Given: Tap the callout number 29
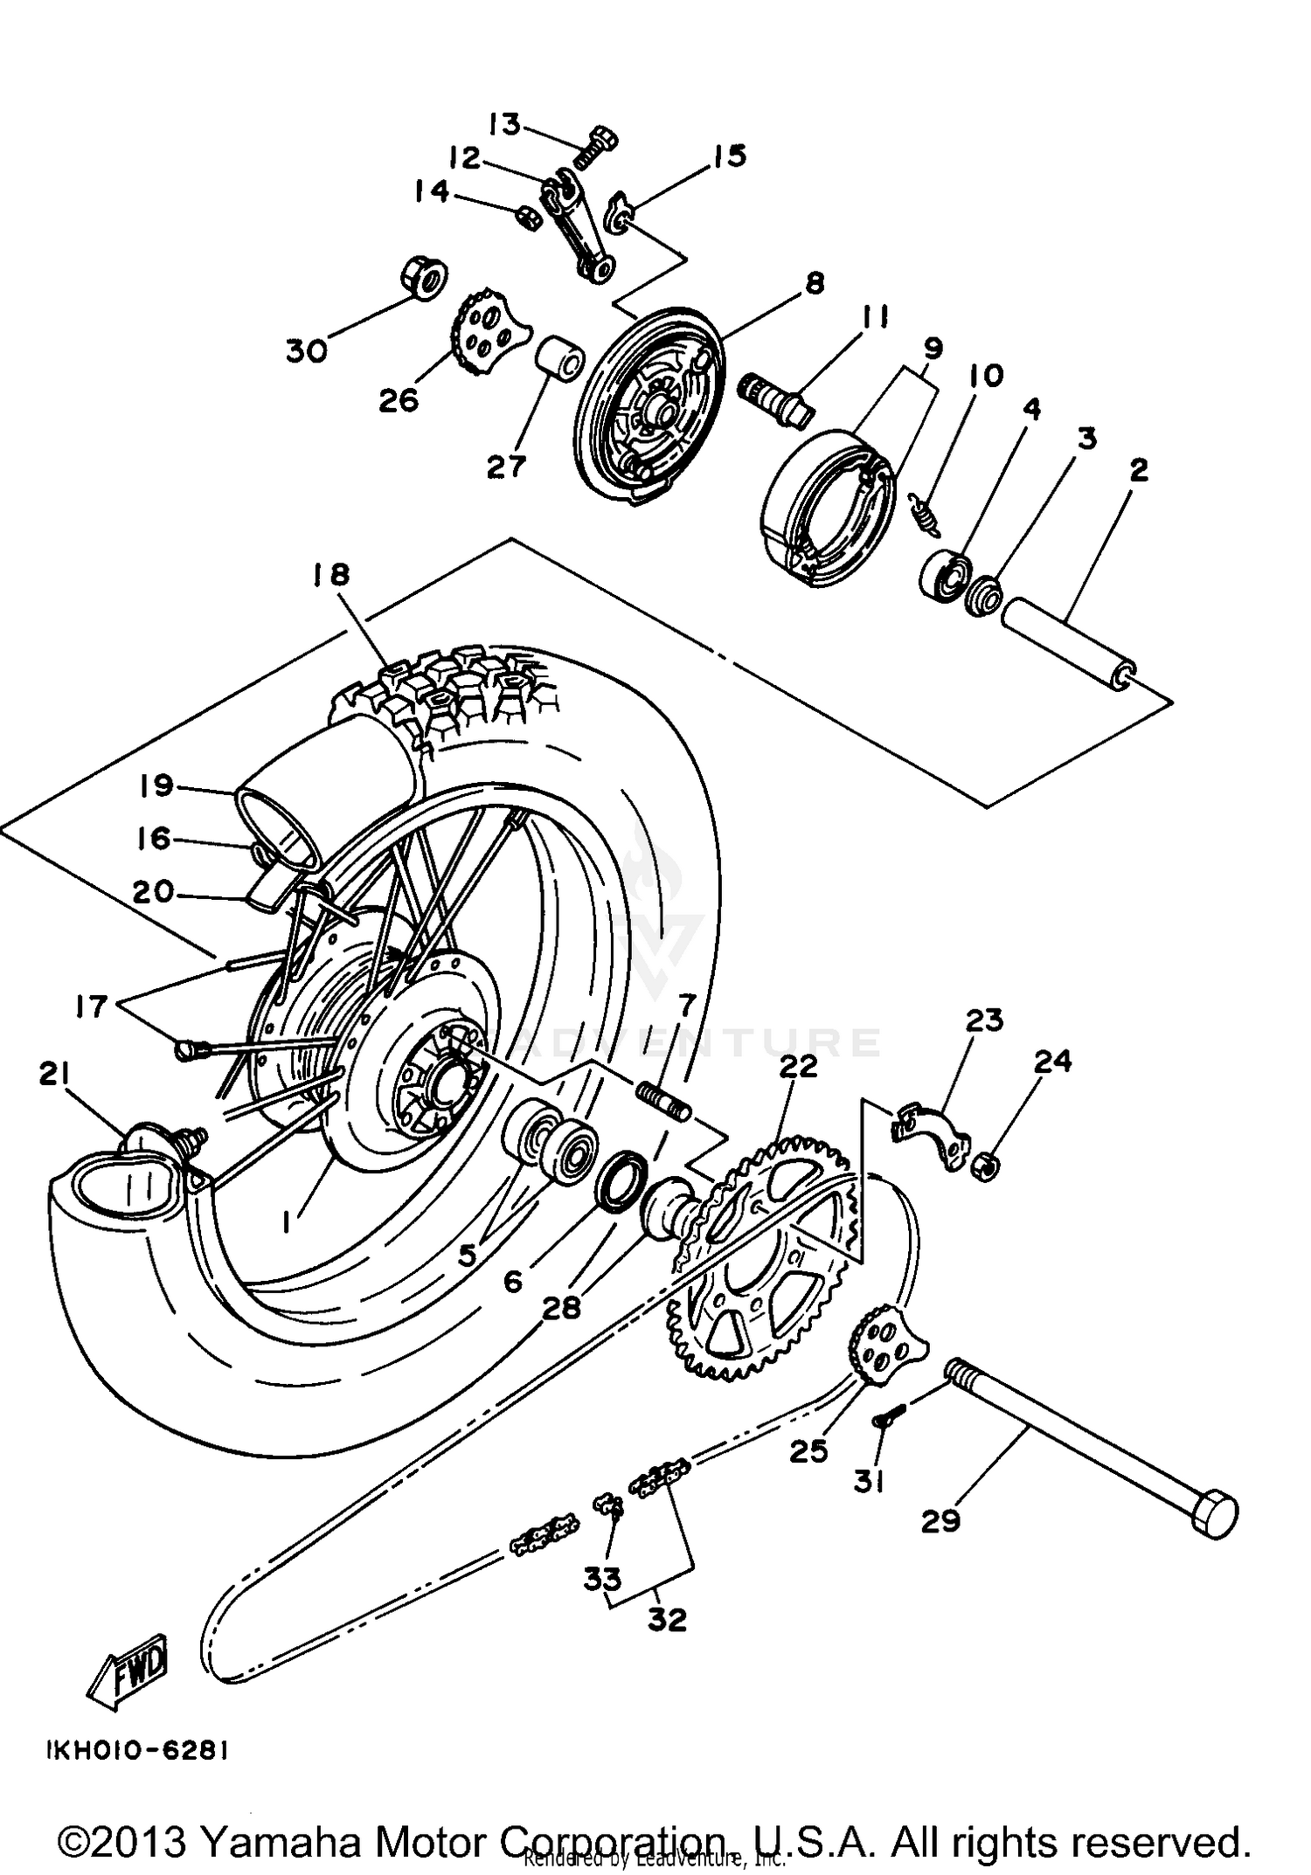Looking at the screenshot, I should (940, 1521).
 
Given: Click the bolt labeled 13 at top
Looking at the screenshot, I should (598, 148).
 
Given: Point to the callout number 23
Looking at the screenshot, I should (984, 1020).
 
